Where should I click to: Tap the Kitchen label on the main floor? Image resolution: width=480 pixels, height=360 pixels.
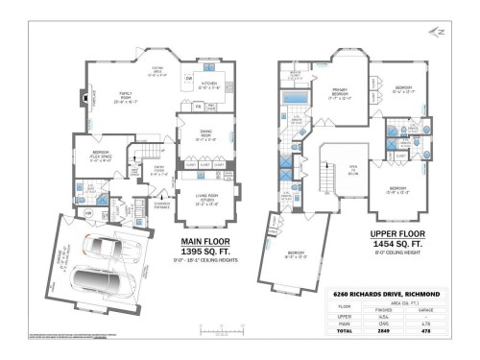pos(210,84)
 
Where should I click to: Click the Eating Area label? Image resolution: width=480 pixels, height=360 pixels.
pos(158,70)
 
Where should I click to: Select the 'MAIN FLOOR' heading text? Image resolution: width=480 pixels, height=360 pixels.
pos(208,244)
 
